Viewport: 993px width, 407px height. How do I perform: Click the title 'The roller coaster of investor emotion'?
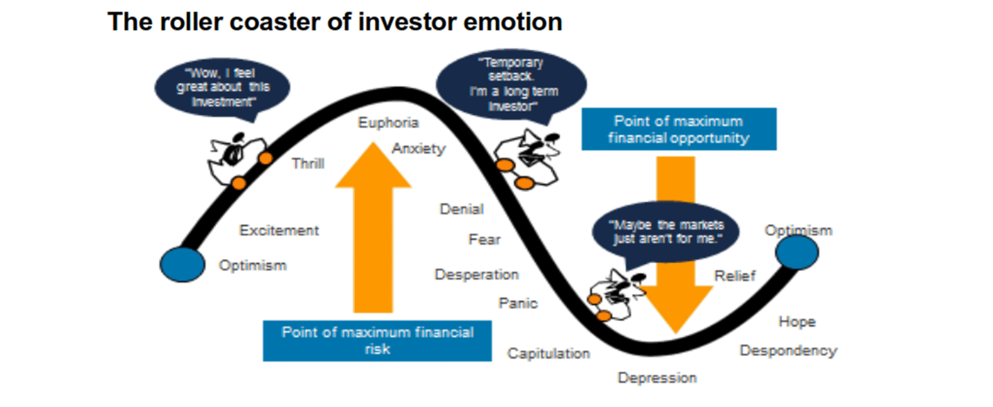(334, 22)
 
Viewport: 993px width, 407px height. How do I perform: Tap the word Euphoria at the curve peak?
(389, 123)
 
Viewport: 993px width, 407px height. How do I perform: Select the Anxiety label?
(419, 149)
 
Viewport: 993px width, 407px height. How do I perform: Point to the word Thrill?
(308, 163)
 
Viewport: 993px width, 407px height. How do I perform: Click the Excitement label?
(279, 231)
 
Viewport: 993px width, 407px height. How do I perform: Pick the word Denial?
(462, 209)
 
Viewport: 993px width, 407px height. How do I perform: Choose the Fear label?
(484, 240)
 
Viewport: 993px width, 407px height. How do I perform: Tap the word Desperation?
(476, 275)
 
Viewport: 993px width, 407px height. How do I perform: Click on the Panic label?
(518, 303)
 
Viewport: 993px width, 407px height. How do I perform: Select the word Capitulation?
(548, 353)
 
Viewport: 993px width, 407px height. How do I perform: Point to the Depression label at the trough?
(657, 378)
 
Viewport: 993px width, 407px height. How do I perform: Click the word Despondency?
(788, 351)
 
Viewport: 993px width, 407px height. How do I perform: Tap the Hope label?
(796, 322)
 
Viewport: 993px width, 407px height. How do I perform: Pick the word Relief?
(734, 277)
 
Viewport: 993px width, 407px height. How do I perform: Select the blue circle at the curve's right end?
(797, 253)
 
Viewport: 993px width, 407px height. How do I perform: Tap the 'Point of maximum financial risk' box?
(377, 340)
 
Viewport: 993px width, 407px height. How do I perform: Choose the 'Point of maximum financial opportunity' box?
(678, 129)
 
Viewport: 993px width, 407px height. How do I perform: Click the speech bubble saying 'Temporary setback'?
(511, 85)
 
